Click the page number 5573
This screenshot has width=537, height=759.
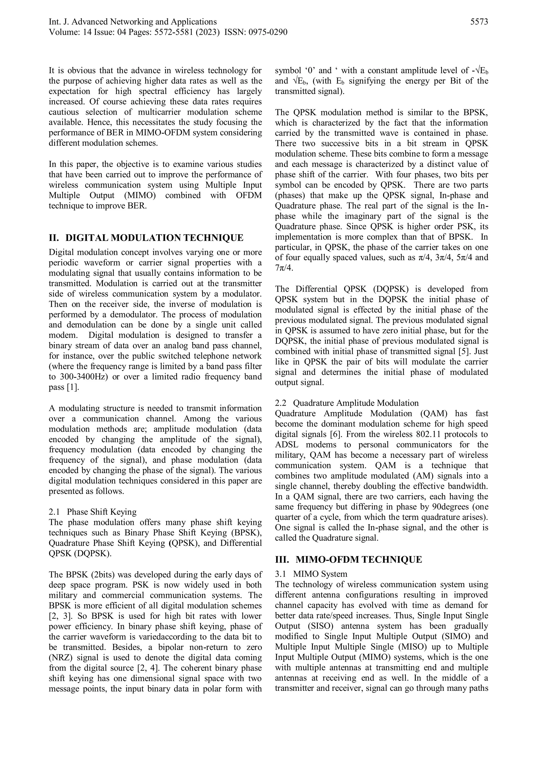(x=479, y=22)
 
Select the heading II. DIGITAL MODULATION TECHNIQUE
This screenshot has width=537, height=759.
(x=146, y=238)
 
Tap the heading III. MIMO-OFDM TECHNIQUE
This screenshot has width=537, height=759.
(x=348, y=560)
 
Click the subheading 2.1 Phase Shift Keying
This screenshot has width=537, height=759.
(x=93, y=512)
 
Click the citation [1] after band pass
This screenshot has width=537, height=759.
(x=73, y=387)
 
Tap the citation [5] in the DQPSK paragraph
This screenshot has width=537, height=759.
(x=464, y=351)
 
